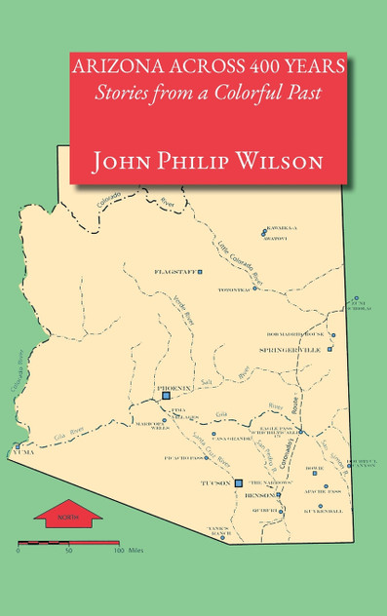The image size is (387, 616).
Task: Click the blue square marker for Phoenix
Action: coord(166,397)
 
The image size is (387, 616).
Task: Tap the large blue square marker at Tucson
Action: coord(239,482)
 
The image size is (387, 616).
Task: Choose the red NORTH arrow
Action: coord(68,516)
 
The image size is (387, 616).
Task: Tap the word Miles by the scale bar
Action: coord(135,551)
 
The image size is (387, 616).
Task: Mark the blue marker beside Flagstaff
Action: coord(200,270)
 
